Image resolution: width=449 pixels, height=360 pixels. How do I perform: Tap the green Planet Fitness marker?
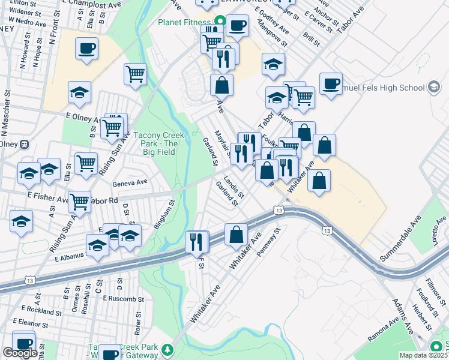[x=220, y=22]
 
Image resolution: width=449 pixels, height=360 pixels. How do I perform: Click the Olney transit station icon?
[x=25, y=144]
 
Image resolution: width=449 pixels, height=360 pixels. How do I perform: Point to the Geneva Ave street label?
[x=131, y=182]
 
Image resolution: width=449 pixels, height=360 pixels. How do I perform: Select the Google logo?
[x=20, y=353]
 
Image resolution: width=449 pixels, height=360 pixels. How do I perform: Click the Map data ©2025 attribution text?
[x=423, y=355]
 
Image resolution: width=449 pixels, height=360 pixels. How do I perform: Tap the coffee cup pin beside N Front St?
[x=86, y=48]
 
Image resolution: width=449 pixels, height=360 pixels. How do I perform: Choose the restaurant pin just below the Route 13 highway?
[x=197, y=242]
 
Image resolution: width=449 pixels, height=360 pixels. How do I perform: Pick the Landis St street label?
[x=234, y=187]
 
